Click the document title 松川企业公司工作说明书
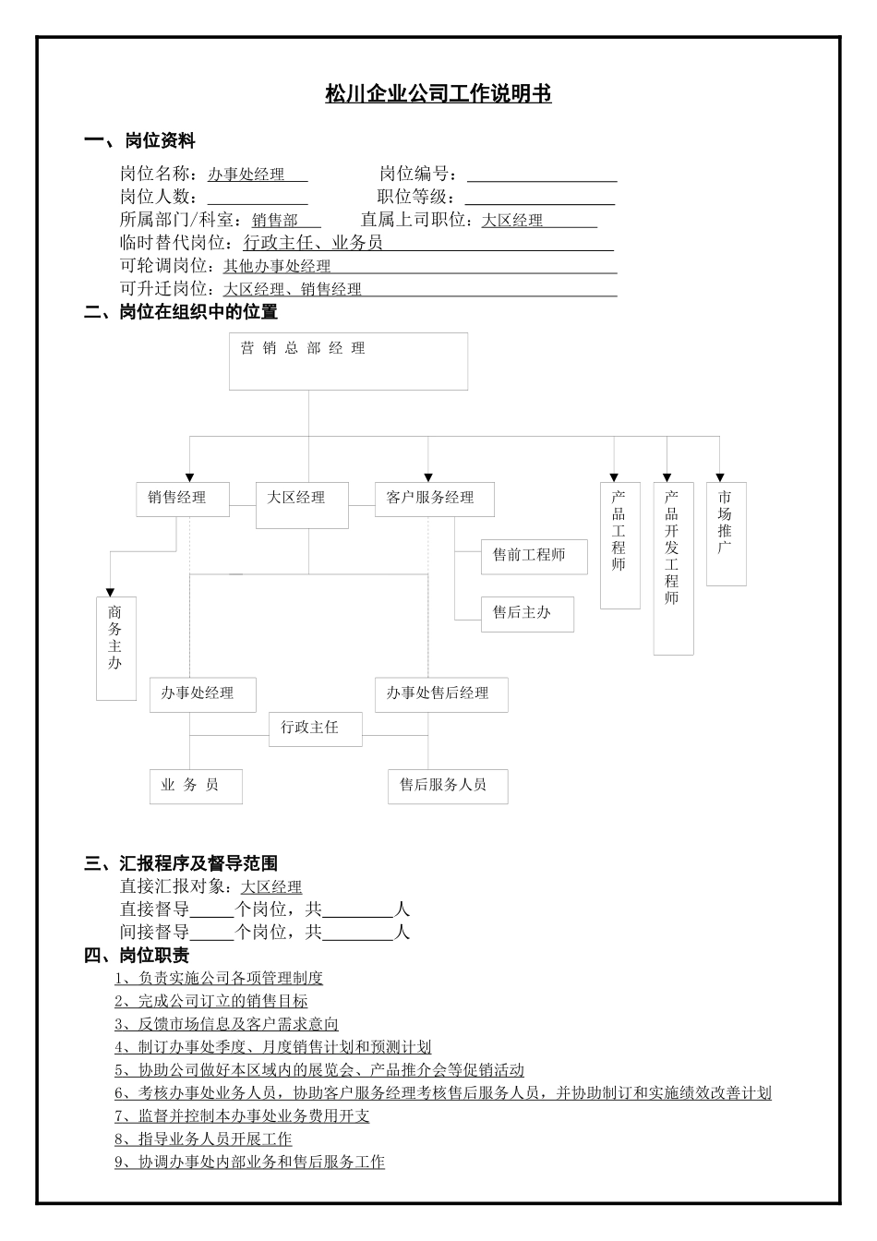(438, 94)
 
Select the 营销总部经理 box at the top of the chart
(348, 361)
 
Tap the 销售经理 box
(182, 499)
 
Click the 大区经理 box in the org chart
(302, 504)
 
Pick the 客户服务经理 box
(434, 499)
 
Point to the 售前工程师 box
(534, 556)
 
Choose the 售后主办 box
(527, 614)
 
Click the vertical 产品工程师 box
(619, 545)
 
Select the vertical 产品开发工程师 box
(673, 567)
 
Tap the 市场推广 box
(726, 533)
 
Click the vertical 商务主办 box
(116, 647)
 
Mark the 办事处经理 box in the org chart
(202, 694)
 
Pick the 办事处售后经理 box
(441, 694)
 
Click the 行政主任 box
(315, 729)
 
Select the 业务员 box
(196, 786)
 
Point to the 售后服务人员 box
(447, 786)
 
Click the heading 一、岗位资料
(139, 141)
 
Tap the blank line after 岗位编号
(542, 175)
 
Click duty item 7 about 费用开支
(242, 1115)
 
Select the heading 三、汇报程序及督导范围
(181, 863)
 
